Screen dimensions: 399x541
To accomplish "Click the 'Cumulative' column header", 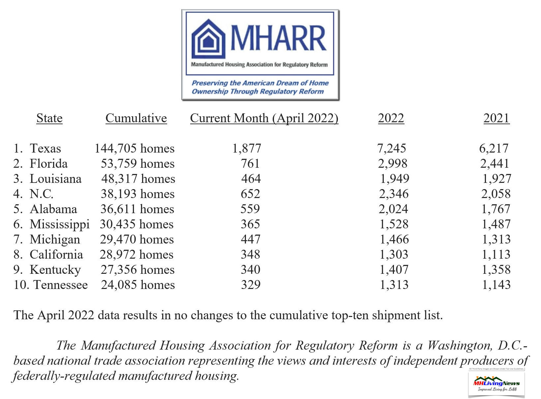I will (136, 118).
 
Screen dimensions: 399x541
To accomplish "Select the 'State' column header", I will (49, 118).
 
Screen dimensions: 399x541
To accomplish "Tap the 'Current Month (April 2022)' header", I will (264, 118).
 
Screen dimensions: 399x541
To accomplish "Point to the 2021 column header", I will (496, 118).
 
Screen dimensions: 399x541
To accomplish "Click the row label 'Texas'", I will (45, 149).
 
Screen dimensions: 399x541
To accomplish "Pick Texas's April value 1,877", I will (247, 149).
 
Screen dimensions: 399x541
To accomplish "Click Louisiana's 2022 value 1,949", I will (395, 179).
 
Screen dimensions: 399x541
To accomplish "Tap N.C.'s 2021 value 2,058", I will (496, 194).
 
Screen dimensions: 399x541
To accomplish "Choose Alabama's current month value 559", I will (250, 209).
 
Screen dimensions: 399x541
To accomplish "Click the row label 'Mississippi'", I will (60, 224).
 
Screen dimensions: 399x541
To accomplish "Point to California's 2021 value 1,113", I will (496, 255).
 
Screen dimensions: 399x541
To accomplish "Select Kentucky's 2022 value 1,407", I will (394, 270).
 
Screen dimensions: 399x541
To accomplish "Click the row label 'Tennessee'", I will (61, 285).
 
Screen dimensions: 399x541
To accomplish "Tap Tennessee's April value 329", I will (251, 285).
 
